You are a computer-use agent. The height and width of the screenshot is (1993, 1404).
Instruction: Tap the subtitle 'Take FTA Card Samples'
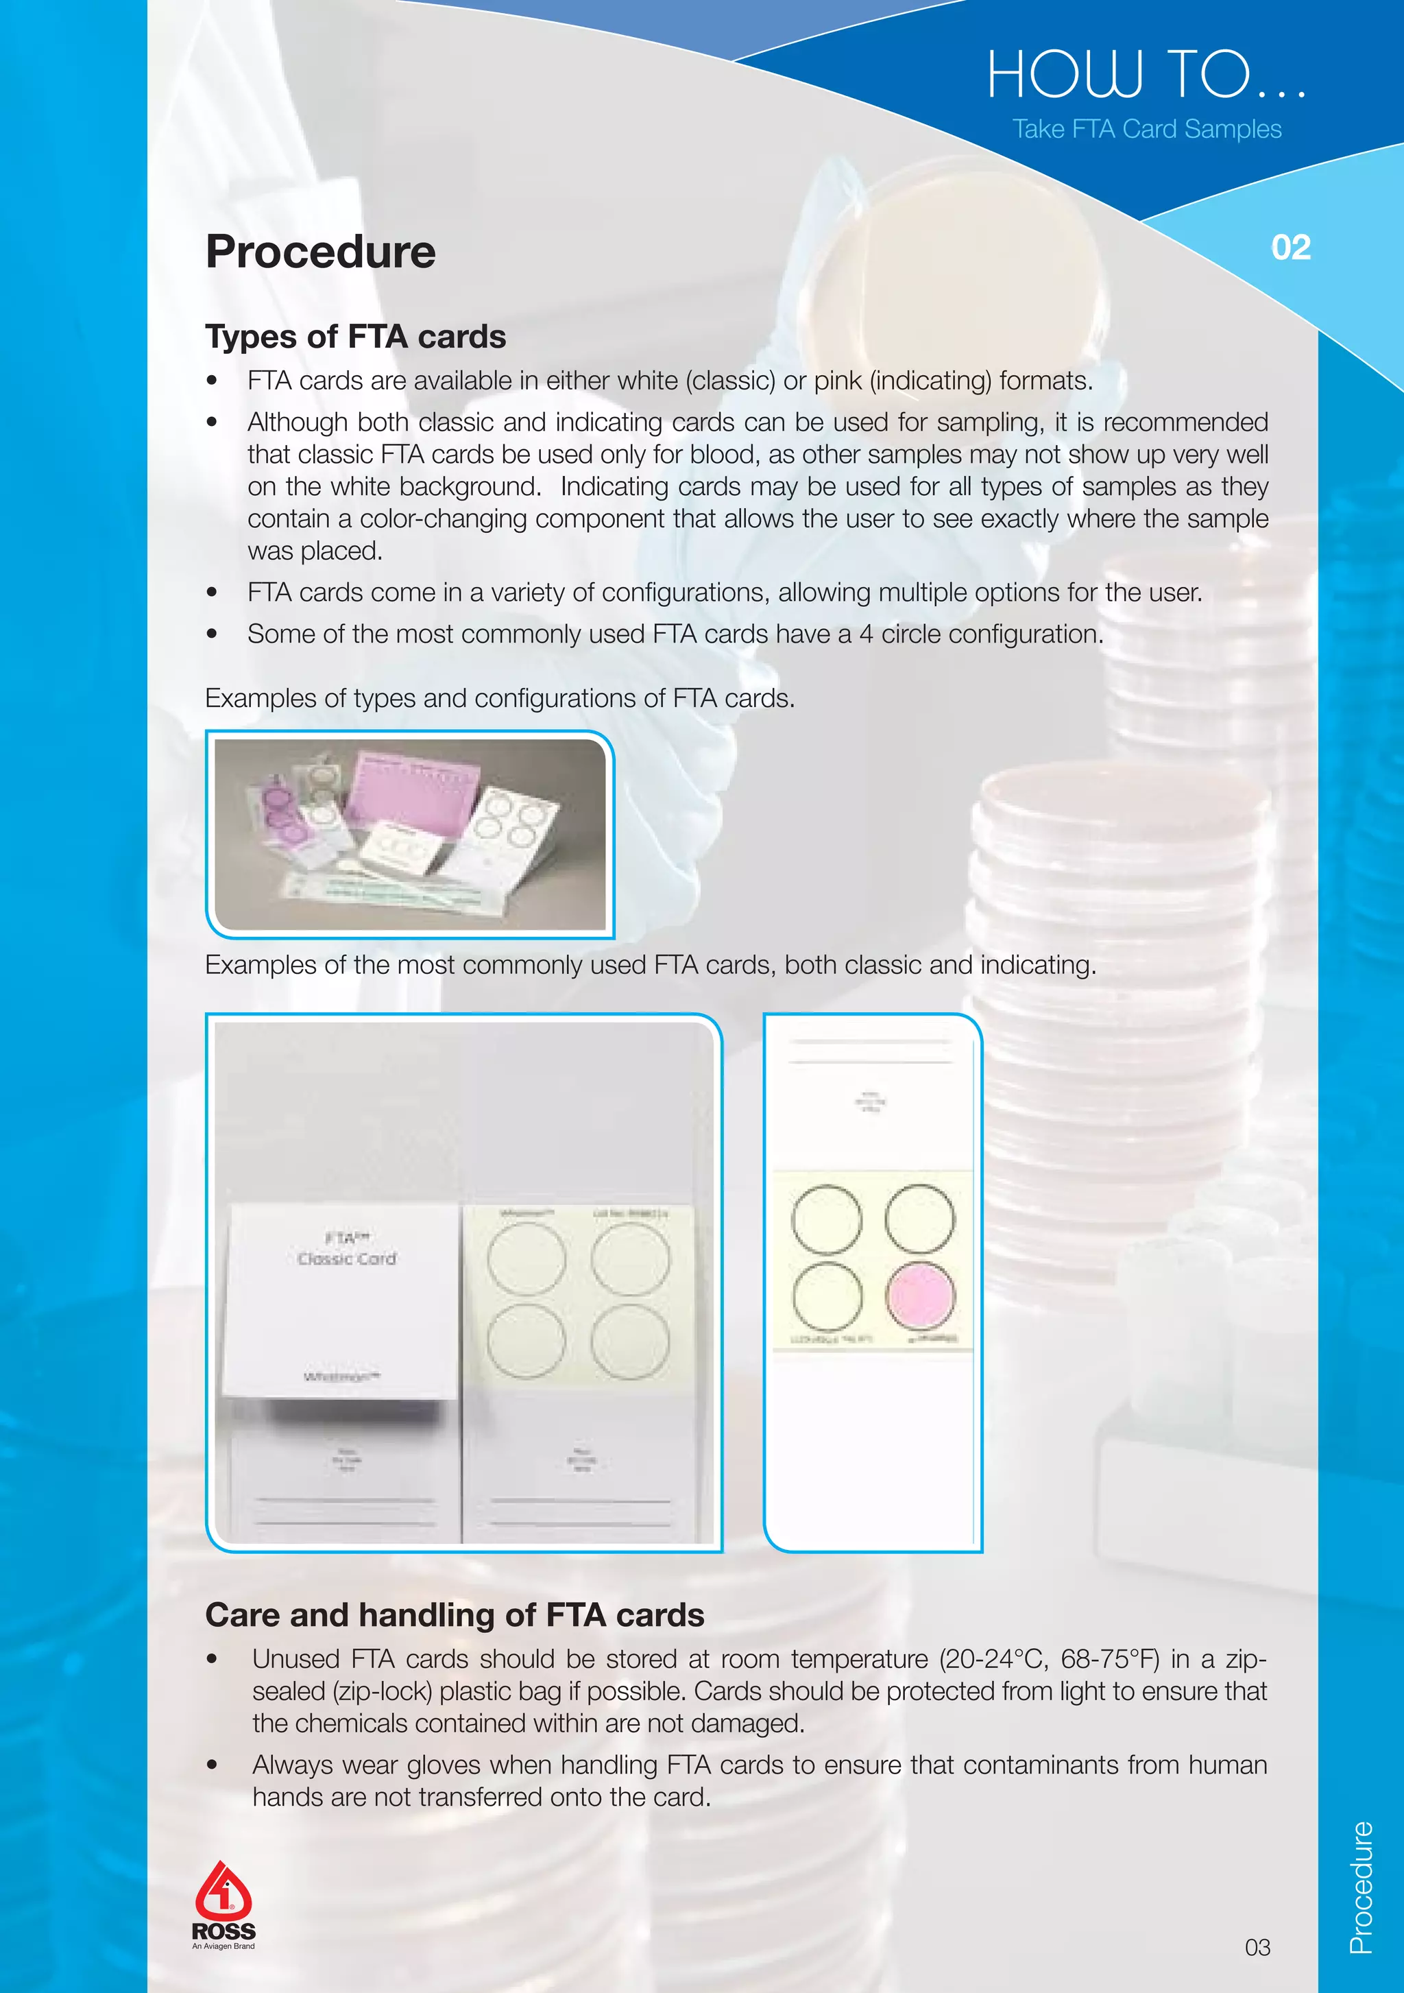pyautogui.click(x=1146, y=130)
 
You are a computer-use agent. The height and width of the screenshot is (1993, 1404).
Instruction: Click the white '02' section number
pyautogui.click(x=1290, y=248)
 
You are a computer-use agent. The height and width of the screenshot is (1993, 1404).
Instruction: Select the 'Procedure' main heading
pyautogui.click(x=320, y=252)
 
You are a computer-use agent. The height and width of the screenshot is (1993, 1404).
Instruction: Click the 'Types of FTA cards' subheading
pyautogui.click(x=356, y=337)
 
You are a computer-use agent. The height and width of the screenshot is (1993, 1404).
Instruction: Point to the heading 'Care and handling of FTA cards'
pyautogui.click(x=455, y=1614)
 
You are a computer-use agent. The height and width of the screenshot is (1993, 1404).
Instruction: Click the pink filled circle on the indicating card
pyautogui.click(x=920, y=1296)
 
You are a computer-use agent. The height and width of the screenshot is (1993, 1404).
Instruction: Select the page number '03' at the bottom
pyautogui.click(x=1257, y=1948)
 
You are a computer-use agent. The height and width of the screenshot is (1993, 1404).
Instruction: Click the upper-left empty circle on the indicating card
pyautogui.click(x=826, y=1219)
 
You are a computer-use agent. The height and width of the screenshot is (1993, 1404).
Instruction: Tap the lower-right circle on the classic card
pyautogui.click(x=630, y=1341)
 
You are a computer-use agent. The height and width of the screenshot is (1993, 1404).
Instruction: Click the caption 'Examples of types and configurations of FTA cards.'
pyautogui.click(x=500, y=699)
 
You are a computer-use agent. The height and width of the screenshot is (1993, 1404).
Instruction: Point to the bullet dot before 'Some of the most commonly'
pyautogui.click(x=212, y=634)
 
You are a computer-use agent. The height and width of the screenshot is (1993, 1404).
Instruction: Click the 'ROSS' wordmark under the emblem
pyautogui.click(x=223, y=1931)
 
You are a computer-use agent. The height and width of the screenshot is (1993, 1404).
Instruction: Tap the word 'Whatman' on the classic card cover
pyautogui.click(x=341, y=1376)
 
